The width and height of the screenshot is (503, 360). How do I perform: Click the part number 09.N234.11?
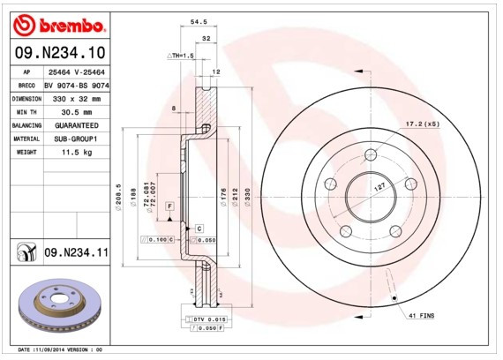pyautogui.click(x=75, y=253)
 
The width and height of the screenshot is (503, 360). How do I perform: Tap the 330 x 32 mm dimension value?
pyautogui.click(x=76, y=98)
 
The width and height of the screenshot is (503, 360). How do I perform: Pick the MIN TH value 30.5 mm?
pyautogui.click(x=76, y=112)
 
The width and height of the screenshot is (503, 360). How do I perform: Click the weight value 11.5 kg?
pyautogui.click(x=76, y=153)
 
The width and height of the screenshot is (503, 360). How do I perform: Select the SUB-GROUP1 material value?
pyautogui.click(x=76, y=139)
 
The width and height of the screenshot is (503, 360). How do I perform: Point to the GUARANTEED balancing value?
pyautogui.click(x=76, y=125)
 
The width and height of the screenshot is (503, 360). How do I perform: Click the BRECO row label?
pyautogui.click(x=26, y=85)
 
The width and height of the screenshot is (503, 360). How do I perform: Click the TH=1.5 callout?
pyautogui.click(x=180, y=55)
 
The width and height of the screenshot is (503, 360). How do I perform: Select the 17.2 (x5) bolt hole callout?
pyautogui.click(x=422, y=124)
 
